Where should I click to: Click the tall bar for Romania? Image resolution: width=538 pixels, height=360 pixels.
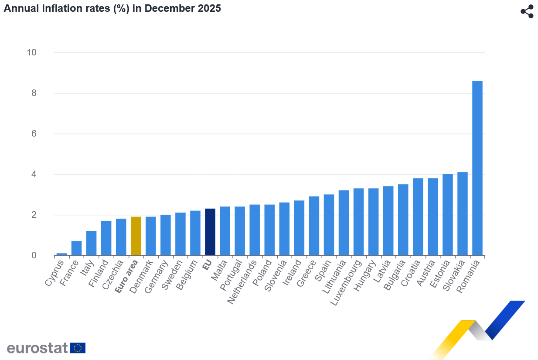click(x=477, y=168)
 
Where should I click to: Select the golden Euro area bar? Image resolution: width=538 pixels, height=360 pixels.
click(x=136, y=236)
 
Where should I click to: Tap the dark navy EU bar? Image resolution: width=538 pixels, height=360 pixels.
click(x=210, y=232)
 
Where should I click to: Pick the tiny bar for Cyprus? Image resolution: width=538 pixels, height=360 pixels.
click(x=61, y=254)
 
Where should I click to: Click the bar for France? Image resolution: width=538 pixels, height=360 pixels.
click(x=76, y=248)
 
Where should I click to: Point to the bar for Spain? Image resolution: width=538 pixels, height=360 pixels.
click(x=329, y=225)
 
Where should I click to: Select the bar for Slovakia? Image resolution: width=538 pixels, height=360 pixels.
click(x=462, y=214)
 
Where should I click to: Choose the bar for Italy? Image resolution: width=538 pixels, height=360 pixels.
click(x=91, y=243)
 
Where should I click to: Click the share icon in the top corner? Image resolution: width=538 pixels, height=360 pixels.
click(x=527, y=12)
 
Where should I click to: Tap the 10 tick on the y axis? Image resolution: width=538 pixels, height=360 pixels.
click(x=31, y=52)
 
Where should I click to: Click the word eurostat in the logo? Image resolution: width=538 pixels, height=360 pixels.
click(x=37, y=348)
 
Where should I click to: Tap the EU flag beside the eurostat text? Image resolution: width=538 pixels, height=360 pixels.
click(x=78, y=348)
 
